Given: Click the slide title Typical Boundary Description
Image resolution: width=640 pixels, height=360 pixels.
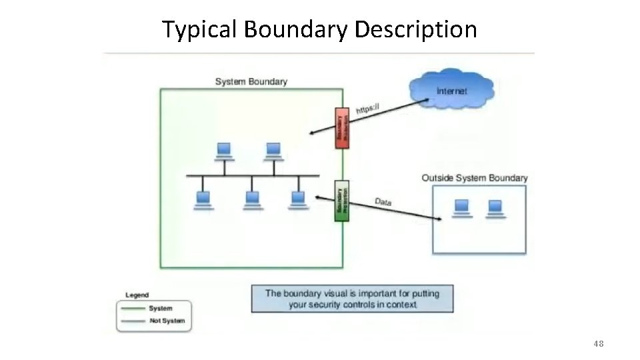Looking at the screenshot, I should [319, 29].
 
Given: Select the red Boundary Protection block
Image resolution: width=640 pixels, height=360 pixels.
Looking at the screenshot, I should [341, 127].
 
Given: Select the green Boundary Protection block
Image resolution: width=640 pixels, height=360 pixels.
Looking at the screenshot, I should [341, 201].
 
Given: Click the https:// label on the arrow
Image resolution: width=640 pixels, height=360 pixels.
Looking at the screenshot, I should [367, 107].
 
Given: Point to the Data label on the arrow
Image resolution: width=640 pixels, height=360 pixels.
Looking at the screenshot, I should [383, 201].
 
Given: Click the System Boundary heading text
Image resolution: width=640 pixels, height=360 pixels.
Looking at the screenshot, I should [251, 81].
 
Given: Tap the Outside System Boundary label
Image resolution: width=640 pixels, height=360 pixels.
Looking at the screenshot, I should [474, 178].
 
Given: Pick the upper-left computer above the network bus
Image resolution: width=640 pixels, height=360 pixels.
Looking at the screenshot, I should [224, 151].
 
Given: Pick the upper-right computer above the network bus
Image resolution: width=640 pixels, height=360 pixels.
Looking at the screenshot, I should [273, 151].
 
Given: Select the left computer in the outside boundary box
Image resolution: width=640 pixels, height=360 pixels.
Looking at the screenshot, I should [461, 208].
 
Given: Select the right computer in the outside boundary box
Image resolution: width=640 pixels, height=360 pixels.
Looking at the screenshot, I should [495, 208].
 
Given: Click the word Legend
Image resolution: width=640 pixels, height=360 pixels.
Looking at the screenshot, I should [137, 295].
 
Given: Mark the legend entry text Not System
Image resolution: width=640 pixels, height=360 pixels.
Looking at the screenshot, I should [167, 321].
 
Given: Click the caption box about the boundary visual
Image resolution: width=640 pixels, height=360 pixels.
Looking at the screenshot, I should [352, 299].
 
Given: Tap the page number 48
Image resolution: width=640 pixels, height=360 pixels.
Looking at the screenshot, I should [598, 343].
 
